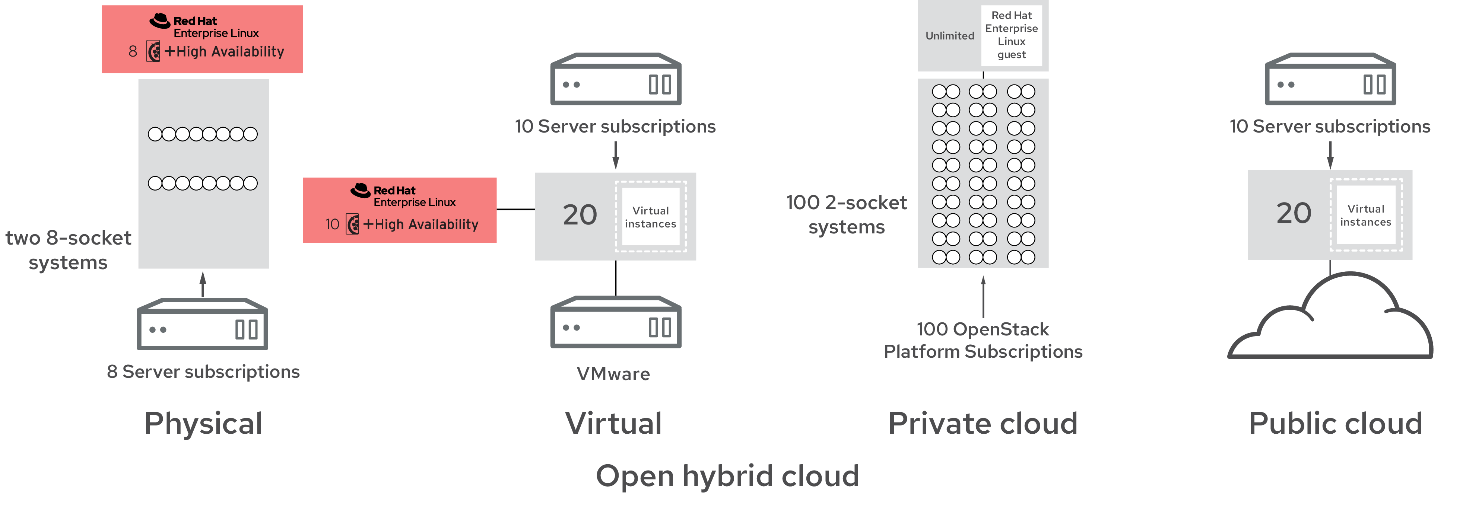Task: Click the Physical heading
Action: (x=203, y=423)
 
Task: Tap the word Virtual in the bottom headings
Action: (x=613, y=423)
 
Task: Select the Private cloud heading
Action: (x=983, y=423)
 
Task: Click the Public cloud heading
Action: (x=1335, y=423)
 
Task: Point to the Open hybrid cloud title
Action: (x=727, y=476)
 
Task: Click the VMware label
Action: (x=613, y=374)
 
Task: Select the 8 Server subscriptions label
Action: (x=203, y=372)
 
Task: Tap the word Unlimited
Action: (x=950, y=36)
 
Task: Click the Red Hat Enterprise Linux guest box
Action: (x=1012, y=35)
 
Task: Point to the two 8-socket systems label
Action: (x=68, y=250)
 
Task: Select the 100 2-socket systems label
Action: (x=846, y=215)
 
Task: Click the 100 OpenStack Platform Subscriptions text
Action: (x=983, y=340)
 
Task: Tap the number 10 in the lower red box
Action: (x=332, y=224)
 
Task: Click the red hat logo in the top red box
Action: (x=159, y=21)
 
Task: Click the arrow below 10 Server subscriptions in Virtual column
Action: (x=616, y=154)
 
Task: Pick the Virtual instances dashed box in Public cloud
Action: (x=1366, y=215)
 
